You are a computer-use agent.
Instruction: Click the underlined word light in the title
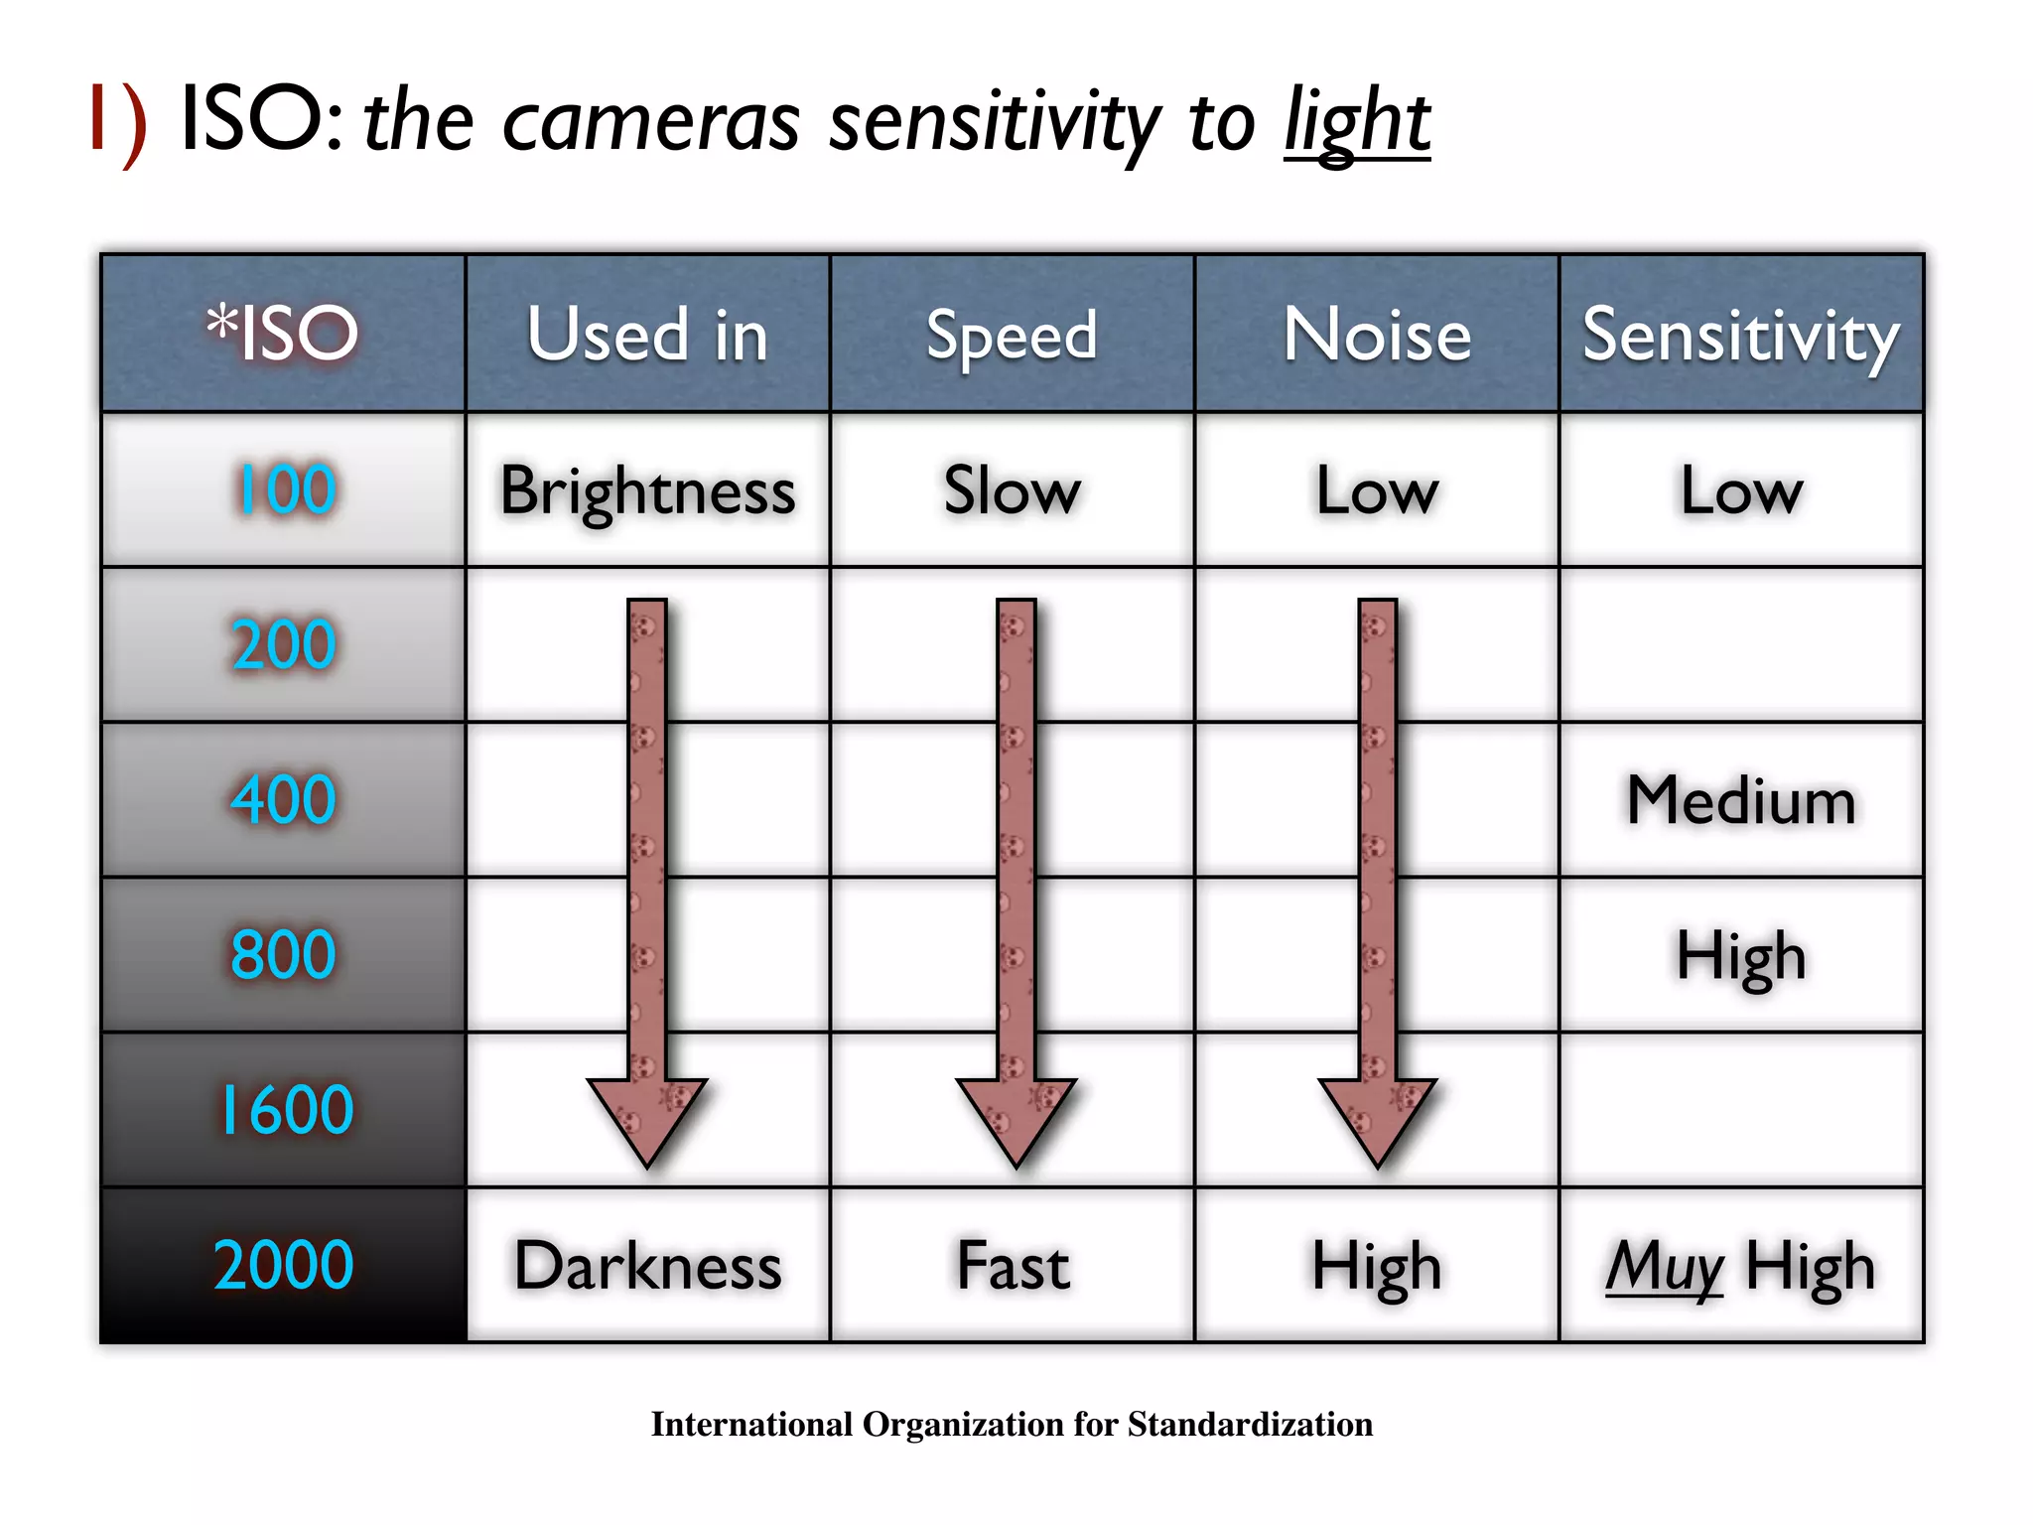tap(1356, 123)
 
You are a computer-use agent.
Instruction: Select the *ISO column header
tap(283, 334)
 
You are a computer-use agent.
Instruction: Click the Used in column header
tap(647, 335)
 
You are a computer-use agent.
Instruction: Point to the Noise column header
tap(1377, 335)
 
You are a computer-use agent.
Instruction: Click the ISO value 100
tap(285, 489)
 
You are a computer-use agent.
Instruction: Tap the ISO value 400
tap(283, 799)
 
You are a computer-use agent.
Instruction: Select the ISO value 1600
tap(285, 1110)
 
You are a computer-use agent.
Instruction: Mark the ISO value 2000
tap(283, 1265)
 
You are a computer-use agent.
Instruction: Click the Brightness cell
tap(647, 490)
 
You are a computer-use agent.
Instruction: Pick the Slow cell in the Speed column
tap(1012, 490)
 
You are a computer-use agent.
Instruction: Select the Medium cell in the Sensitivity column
tap(1741, 800)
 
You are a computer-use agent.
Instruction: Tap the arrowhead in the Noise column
tap(1378, 1118)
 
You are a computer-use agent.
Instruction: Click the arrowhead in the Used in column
tap(647, 1118)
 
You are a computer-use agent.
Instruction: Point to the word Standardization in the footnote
tap(1250, 1425)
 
